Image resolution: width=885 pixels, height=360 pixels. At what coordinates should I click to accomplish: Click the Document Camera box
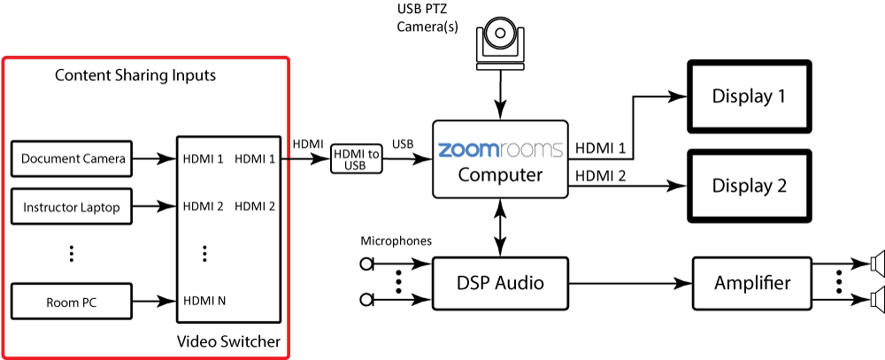[x=73, y=159]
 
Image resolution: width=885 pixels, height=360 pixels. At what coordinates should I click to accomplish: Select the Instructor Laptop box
[x=72, y=208]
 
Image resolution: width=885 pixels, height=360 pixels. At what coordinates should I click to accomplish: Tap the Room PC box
[x=72, y=301]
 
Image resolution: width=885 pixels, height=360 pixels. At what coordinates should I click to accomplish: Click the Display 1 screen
[x=749, y=96]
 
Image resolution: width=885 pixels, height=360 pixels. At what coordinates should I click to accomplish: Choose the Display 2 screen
[x=749, y=186]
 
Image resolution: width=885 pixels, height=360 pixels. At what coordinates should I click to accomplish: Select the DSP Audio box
[x=500, y=283]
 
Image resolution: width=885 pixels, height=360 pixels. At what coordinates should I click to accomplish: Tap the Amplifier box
[x=752, y=283]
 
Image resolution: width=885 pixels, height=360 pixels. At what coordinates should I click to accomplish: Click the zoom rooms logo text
[x=500, y=149]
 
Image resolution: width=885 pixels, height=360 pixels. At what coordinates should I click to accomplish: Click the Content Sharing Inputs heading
[x=135, y=75]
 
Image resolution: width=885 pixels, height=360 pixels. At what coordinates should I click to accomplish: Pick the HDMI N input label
[x=204, y=301]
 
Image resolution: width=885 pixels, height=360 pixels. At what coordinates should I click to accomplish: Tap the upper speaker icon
[x=876, y=264]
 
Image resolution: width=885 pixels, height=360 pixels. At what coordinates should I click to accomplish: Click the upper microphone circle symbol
[x=366, y=264]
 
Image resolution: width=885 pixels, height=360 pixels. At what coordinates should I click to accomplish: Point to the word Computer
[x=500, y=175]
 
